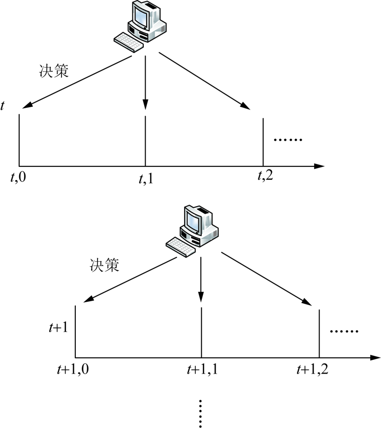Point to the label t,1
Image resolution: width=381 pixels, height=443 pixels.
tap(146, 178)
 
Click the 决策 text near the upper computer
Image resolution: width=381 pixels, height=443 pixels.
tap(53, 70)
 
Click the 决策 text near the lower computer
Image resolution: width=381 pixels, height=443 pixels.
tap(104, 266)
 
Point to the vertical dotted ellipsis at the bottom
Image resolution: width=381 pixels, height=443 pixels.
tap(201, 413)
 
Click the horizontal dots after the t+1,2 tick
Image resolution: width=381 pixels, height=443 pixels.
tap(344, 331)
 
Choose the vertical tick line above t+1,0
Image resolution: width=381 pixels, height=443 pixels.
tap(75, 331)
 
